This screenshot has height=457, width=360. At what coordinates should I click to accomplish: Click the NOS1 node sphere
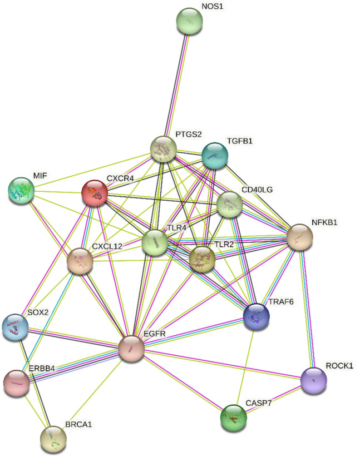[189, 22]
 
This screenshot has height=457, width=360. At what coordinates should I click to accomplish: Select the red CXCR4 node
[95, 192]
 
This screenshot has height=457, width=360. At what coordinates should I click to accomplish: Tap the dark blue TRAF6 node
[257, 316]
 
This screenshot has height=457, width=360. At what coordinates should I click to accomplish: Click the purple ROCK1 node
[313, 380]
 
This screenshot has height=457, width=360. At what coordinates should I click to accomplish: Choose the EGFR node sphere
[132, 349]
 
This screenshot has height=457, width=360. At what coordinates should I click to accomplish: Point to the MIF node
[21, 191]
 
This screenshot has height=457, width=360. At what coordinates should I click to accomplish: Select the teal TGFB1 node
[214, 155]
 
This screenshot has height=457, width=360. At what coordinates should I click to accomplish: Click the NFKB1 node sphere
[299, 237]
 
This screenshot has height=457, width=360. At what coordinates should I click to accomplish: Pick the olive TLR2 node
[202, 259]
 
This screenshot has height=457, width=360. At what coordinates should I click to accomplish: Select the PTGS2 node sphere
[164, 148]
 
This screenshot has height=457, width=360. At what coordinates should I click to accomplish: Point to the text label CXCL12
[107, 245]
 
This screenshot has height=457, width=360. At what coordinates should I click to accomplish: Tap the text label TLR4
[177, 227]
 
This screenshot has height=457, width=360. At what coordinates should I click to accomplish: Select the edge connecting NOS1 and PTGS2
[177, 83]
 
